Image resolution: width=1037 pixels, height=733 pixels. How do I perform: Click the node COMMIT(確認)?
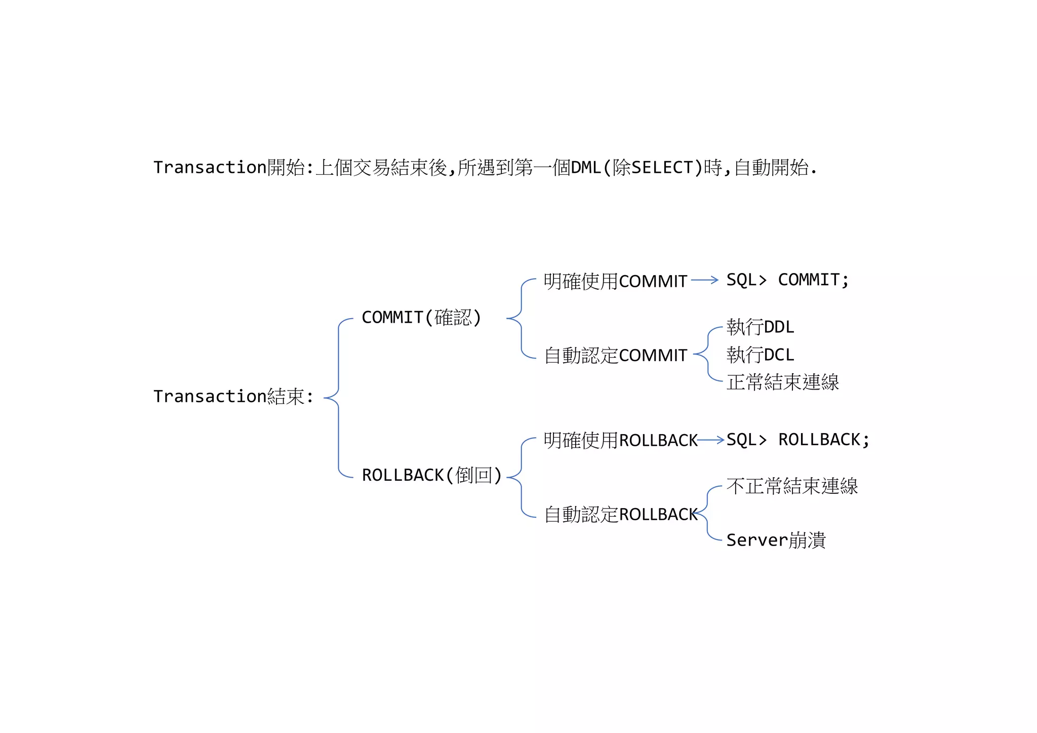pos(421,318)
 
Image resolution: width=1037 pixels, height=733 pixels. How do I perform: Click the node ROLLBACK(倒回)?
pos(431,475)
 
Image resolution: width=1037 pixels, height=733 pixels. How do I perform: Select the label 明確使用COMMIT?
pos(615,281)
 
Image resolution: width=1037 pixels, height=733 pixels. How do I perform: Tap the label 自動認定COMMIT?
pos(615,355)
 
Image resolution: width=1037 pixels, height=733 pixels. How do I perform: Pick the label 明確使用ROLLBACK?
pos(620,440)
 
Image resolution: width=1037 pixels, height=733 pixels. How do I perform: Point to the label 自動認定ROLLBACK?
pos(620,514)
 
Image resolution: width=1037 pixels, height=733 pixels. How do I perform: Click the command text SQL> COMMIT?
pos(787,280)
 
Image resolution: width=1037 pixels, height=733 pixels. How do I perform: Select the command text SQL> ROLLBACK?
pos(797,440)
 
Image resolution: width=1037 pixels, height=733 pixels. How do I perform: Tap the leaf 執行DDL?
pos(760,327)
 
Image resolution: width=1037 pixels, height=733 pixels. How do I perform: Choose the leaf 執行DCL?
pos(760,355)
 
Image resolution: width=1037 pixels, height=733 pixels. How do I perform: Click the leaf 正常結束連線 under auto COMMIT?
pos(782,382)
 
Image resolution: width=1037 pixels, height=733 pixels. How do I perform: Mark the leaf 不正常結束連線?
pos(792,486)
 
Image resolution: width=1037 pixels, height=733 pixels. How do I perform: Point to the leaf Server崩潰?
pos(776,540)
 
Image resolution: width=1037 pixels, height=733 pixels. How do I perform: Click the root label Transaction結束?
pos(233,396)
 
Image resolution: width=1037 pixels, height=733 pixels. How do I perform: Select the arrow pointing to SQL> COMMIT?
pos(704,280)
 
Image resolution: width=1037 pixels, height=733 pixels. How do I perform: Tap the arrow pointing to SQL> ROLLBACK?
pos(710,440)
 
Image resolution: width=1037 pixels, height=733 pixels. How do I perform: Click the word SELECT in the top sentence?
pos(662,167)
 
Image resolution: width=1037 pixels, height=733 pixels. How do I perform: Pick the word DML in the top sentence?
pos(586,167)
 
